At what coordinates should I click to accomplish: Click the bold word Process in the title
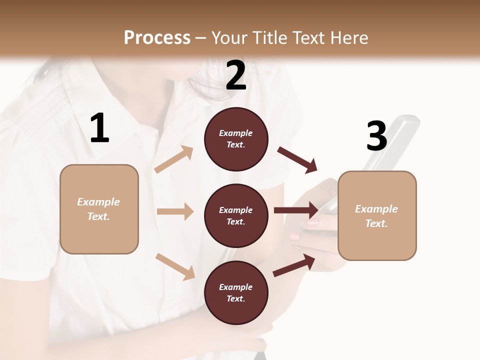(157, 37)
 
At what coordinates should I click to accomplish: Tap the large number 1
(99, 128)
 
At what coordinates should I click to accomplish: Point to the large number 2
(236, 75)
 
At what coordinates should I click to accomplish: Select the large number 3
(376, 136)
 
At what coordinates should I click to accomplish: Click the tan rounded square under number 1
(99, 209)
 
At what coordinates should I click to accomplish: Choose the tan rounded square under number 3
(377, 216)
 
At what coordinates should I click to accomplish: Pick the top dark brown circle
(236, 139)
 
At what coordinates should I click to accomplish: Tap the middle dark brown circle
(236, 215)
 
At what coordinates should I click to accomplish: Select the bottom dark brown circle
(236, 292)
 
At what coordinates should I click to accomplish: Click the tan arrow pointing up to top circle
(174, 159)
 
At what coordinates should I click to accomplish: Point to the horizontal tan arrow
(175, 211)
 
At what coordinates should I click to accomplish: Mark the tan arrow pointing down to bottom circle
(175, 266)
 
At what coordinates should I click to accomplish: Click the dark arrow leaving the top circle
(297, 159)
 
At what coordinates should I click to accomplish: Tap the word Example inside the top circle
(236, 133)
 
